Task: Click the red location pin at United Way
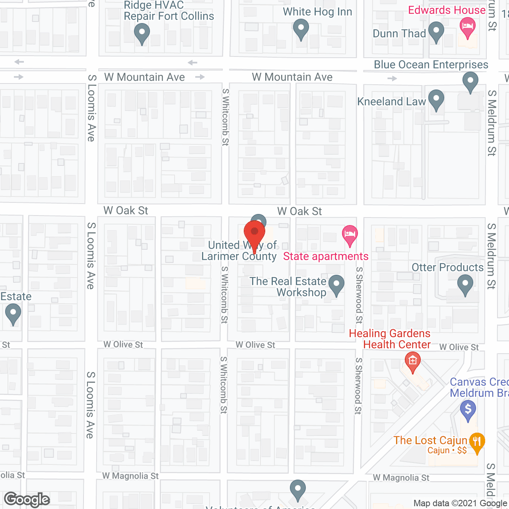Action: [x=254, y=233]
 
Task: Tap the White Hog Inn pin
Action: [x=301, y=29]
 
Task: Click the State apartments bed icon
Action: [x=350, y=233]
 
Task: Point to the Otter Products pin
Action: [x=465, y=284]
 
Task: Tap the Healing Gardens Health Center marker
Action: [x=412, y=361]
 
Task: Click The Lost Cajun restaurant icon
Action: [x=477, y=442]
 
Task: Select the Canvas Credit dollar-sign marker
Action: [x=468, y=409]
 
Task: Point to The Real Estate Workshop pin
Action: [x=336, y=284]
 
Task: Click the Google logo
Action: [x=27, y=499]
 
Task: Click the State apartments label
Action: [x=326, y=256]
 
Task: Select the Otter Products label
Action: [x=447, y=268]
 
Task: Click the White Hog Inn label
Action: [x=317, y=12]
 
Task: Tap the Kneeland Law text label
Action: [x=391, y=102]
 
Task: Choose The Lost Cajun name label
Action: [x=430, y=441]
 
